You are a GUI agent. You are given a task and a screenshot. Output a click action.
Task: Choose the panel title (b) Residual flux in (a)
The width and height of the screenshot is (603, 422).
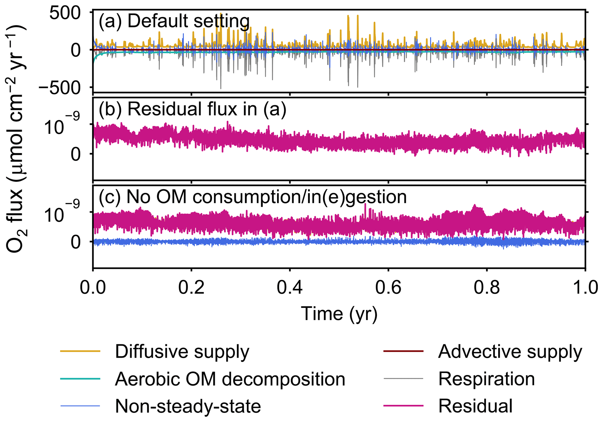tap(193, 109)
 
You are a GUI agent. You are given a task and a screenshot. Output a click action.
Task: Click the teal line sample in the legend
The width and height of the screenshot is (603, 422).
tap(80, 379)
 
